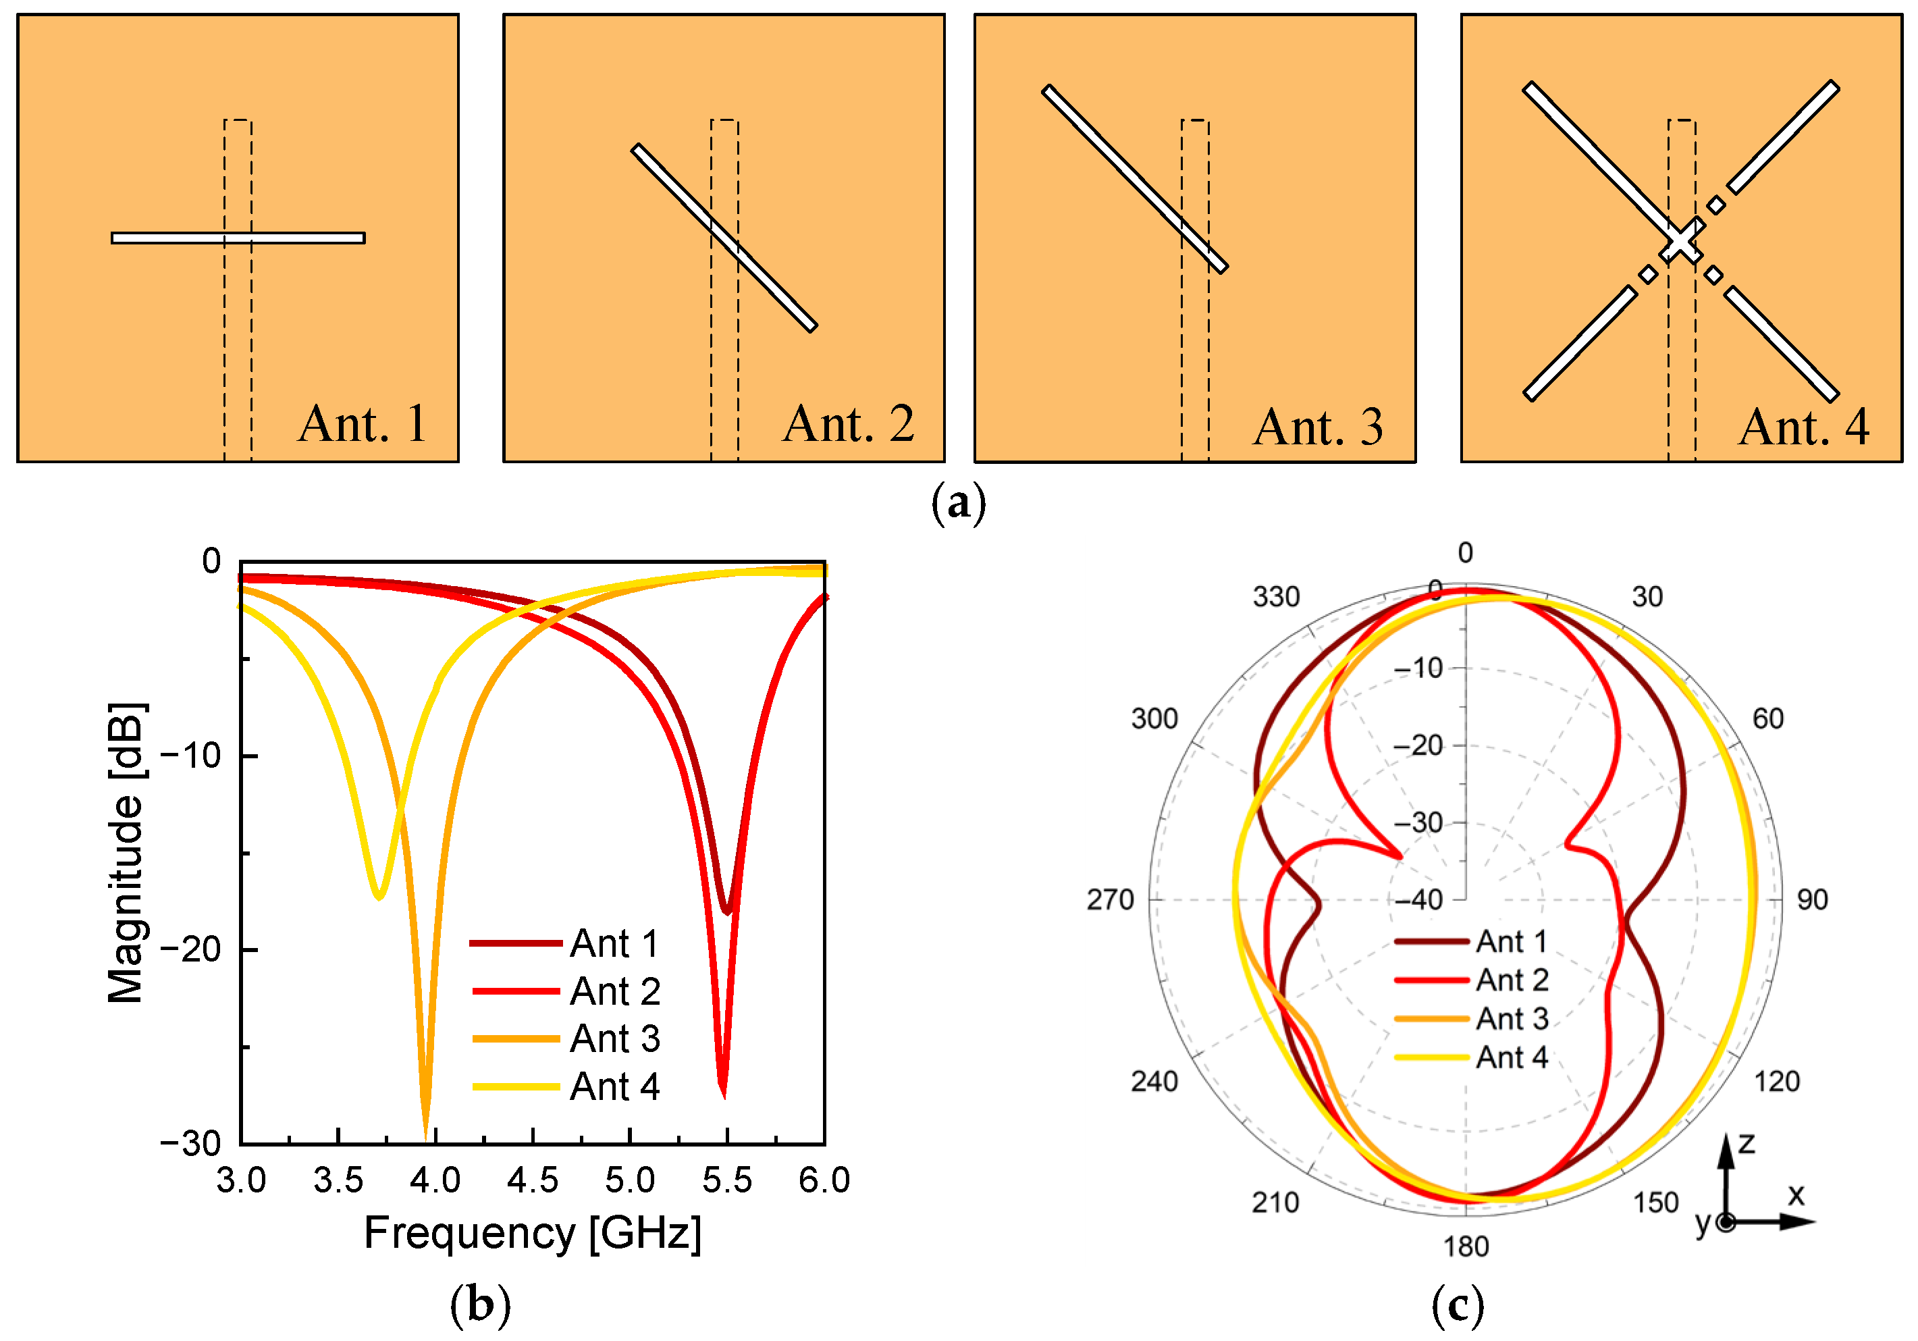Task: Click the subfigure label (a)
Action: (958, 502)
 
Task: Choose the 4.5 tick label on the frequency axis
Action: (532, 1180)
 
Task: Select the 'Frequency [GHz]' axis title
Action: (532, 1233)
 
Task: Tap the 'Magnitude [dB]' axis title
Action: (126, 852)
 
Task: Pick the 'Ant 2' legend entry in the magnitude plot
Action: (615, 992)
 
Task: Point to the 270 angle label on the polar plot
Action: (1109, 900)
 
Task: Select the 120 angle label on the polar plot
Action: (1776, 1081)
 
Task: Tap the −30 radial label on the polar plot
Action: (1418, 823)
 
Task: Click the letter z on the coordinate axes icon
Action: (1746, 1143)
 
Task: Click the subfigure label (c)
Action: (1458, 1305)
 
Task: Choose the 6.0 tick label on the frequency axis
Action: (824, 1180)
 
